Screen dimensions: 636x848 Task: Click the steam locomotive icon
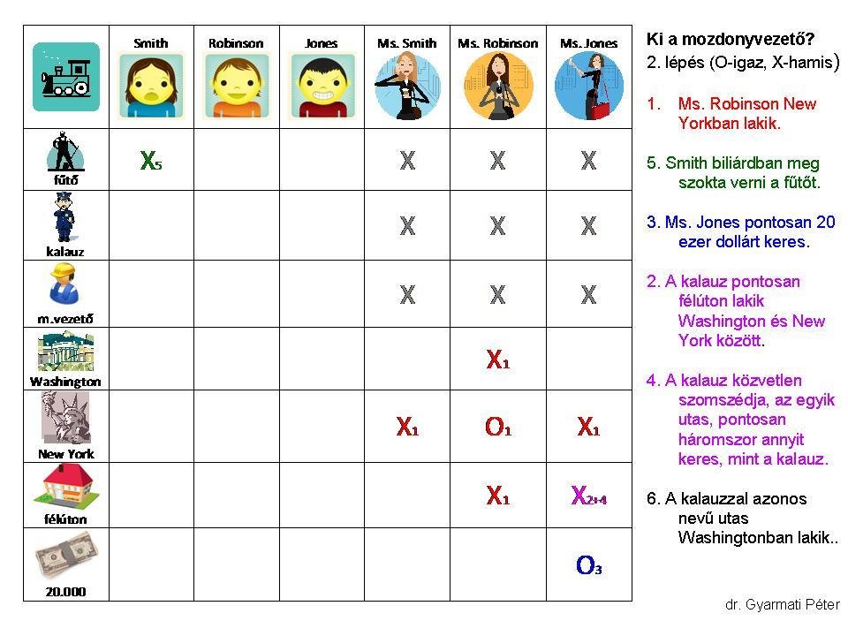pos(65,77)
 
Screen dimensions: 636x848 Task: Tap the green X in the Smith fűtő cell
pos(149,161)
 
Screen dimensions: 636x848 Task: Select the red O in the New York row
pos(496,428)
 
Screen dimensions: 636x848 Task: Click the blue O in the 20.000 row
pos(587,565)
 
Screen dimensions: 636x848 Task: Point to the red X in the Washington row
pos(496,360)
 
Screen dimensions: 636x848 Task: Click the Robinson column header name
pos(236,42)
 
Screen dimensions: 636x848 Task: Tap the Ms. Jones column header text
pos(588,43)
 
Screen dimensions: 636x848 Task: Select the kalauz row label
pos(64,251)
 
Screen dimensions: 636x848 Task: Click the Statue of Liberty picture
pos(66,418)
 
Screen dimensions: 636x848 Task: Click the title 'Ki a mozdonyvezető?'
pos(730,40)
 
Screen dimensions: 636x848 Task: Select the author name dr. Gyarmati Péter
pos(782,605)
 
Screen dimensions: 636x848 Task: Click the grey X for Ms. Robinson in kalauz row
pos(497,226)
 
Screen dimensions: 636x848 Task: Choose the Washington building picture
pos(65,352)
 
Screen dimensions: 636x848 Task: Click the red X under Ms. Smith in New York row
pos(406,428)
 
